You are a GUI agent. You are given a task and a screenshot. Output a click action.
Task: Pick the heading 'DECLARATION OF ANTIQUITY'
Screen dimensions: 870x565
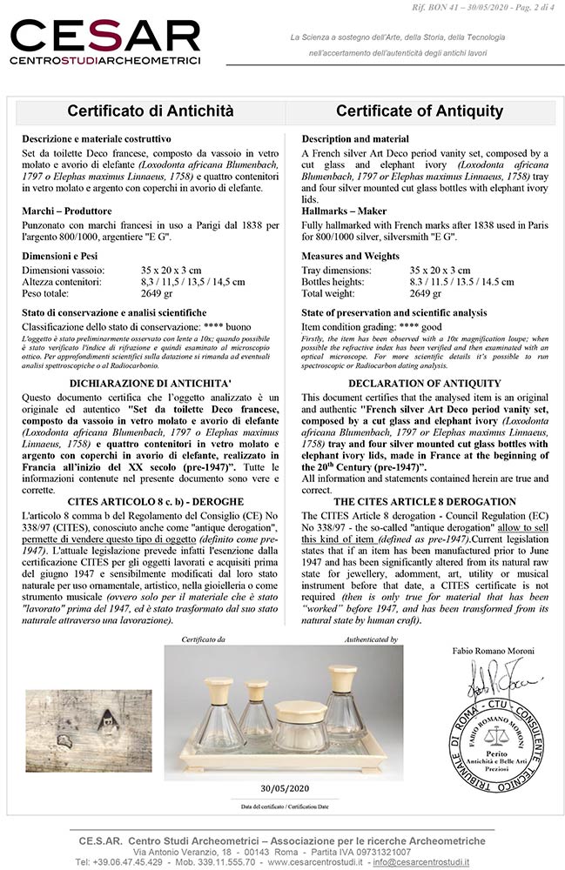click(424, 384)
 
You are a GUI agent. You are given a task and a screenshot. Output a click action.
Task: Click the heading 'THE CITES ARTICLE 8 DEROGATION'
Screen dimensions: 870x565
click(424, 502)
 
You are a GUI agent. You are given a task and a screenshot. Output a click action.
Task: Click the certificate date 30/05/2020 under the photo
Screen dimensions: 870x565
click(285, 788)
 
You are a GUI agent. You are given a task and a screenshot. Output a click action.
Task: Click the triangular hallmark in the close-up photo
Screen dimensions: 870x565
click(107, 719)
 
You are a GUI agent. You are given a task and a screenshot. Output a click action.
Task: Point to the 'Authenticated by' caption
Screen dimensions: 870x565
click(370, 639)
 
